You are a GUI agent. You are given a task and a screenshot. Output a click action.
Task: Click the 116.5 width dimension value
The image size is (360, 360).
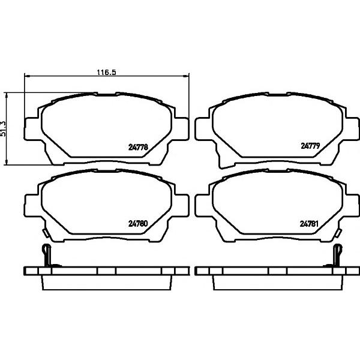(106, 73)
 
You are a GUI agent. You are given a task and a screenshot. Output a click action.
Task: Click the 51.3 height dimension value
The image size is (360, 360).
(3, 128)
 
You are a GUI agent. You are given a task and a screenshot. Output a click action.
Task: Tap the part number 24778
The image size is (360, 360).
(138, 147)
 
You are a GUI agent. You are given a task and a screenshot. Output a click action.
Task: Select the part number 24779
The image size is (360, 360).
(310, 146)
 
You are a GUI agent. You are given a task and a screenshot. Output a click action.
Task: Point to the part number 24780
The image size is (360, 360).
(138, 223)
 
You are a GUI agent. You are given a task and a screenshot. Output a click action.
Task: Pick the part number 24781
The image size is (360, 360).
(309, 224)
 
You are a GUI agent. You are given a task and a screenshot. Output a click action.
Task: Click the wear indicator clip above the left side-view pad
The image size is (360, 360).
(47, 256)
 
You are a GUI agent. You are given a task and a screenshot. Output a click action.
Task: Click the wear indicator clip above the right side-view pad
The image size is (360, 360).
(337, 256)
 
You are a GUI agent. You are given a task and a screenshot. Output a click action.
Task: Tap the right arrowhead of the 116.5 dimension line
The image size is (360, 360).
(185, 76)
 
